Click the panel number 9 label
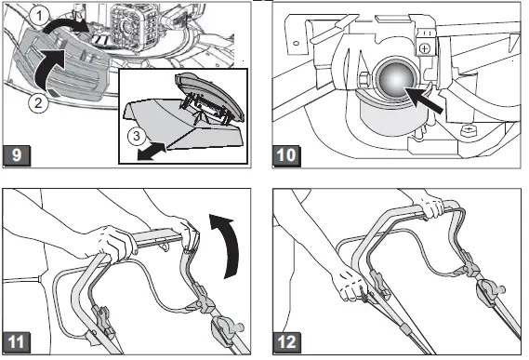point(17,155)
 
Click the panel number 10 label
point(286,156)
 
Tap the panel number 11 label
point(17,342)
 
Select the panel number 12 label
point(286,342)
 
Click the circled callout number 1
point(39,16)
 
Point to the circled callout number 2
point(38,102)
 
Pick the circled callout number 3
point(137,136)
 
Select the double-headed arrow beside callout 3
point(152,152)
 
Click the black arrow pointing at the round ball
point(423,100)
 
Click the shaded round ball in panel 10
point(397,80)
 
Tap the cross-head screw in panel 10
point(424,48)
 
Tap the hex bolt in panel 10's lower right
point(468,130)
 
